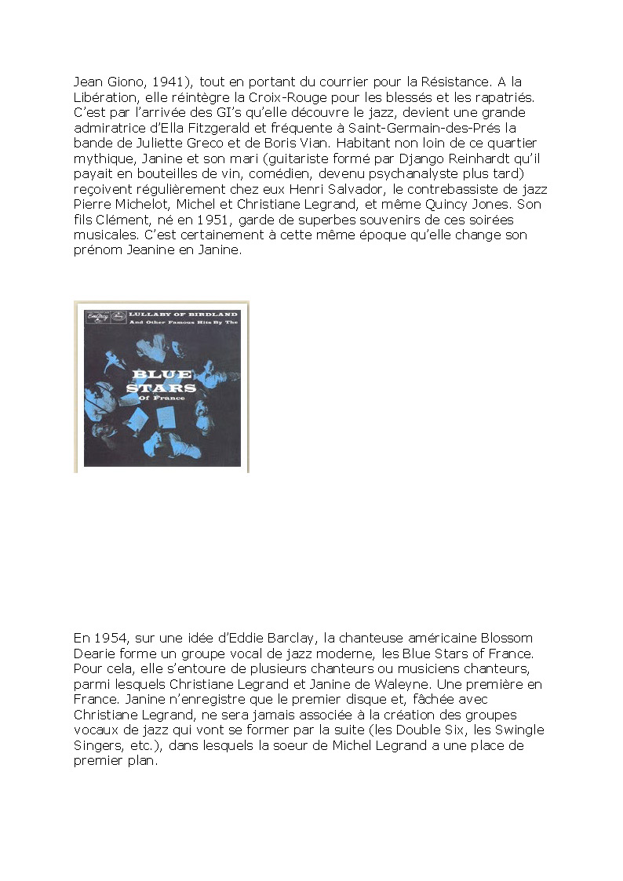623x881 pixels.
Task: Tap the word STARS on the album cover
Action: click(x=161, y=387)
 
